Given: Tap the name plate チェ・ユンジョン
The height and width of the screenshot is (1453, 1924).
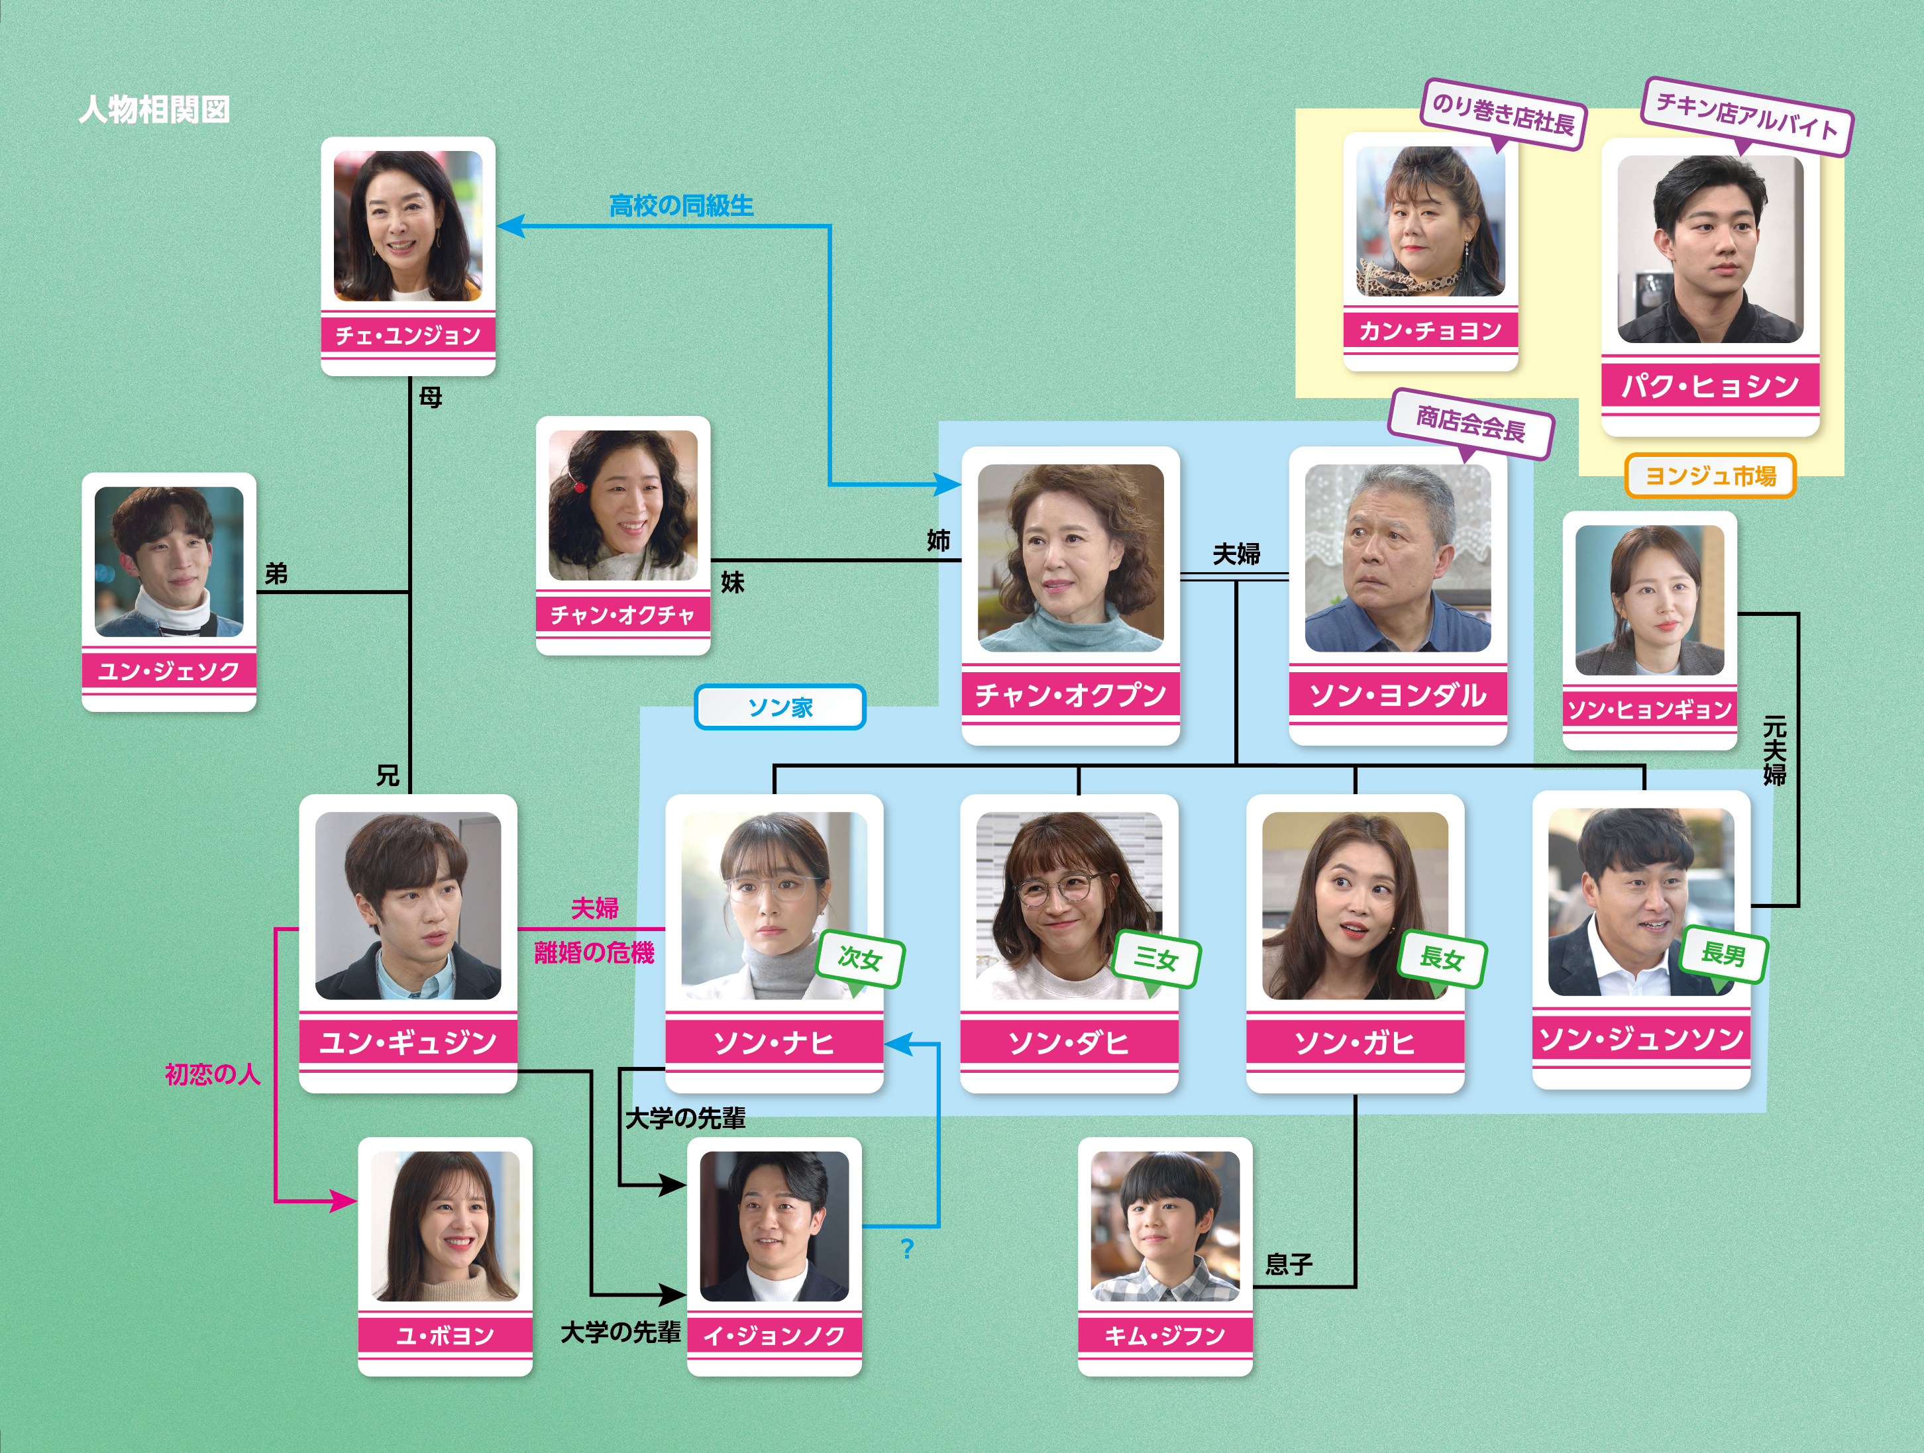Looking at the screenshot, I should click(x=408, y=334).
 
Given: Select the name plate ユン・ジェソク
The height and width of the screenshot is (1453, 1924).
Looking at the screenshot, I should click(x=169, y=670).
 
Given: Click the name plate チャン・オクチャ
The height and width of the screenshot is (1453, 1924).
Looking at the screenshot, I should click(x=623, y=615).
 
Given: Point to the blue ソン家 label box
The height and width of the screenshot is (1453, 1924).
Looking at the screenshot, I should click(x=780, y=707).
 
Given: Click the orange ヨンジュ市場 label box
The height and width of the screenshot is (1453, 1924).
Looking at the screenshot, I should click(x=1710, y=476).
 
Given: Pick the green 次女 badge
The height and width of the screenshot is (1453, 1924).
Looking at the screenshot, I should click(x=860, y=959).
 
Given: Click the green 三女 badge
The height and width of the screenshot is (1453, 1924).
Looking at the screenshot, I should click(x=1156, y=959).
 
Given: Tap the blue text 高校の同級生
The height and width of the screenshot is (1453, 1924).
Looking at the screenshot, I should click(x=681, y=206).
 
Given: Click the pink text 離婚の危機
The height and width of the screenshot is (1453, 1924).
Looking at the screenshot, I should click(x=594, y=953).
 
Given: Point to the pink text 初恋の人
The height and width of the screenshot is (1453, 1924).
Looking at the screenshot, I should click(x=212, y=1075).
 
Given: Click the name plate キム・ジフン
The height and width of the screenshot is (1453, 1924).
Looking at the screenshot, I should click(x=1165, y=1334).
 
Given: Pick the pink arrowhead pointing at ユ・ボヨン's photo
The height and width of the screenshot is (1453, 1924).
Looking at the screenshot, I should click(x=344, y=1202).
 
